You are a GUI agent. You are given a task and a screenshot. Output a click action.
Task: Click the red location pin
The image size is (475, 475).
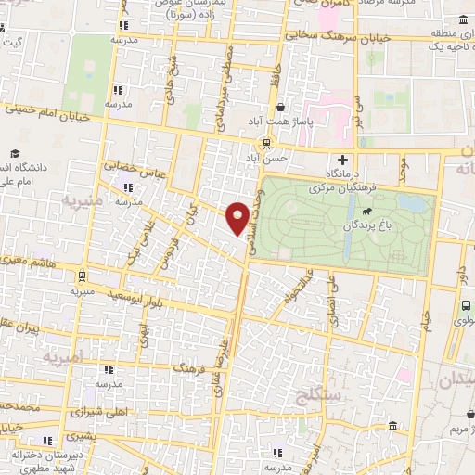(x=237, y=218)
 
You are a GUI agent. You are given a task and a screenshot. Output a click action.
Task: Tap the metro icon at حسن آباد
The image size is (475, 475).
(x=266, y=143)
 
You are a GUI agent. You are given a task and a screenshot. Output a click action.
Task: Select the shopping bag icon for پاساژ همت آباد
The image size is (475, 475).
(x=280, y=108)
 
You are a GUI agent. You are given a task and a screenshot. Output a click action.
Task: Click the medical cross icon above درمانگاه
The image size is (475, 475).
(x=343, y=160)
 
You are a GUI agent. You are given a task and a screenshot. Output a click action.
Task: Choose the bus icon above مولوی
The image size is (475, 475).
(x=464, y=306)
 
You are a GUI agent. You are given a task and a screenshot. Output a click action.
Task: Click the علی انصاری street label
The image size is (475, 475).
(x=345, y=307)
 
